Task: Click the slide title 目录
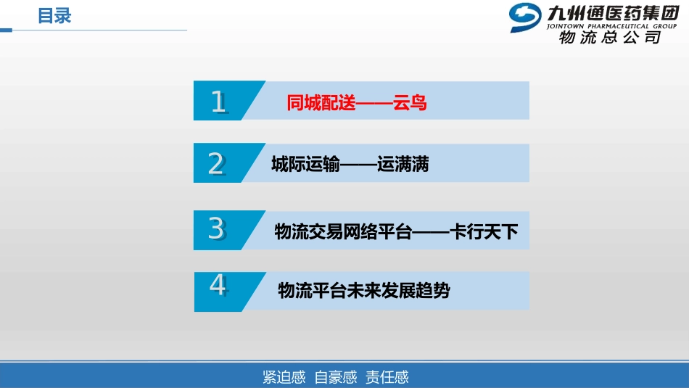(54, 15)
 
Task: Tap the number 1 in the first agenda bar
(218, 102)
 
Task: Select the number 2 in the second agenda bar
(216, 164)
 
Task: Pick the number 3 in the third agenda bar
(216, 228)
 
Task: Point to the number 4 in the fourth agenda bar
(218, 286)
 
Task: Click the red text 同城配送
(321, 103)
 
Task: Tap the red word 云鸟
(410, 103)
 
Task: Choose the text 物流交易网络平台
(343, 232)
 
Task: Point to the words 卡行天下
(484, 232)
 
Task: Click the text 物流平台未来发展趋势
(364, 291)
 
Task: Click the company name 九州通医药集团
(608, 12)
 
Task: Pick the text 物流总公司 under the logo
(610, 38)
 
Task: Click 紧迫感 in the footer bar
(284, 377)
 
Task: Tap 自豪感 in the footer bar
(336, 377)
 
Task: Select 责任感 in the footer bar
(387, 377)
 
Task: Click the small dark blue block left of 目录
(6, 30)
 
